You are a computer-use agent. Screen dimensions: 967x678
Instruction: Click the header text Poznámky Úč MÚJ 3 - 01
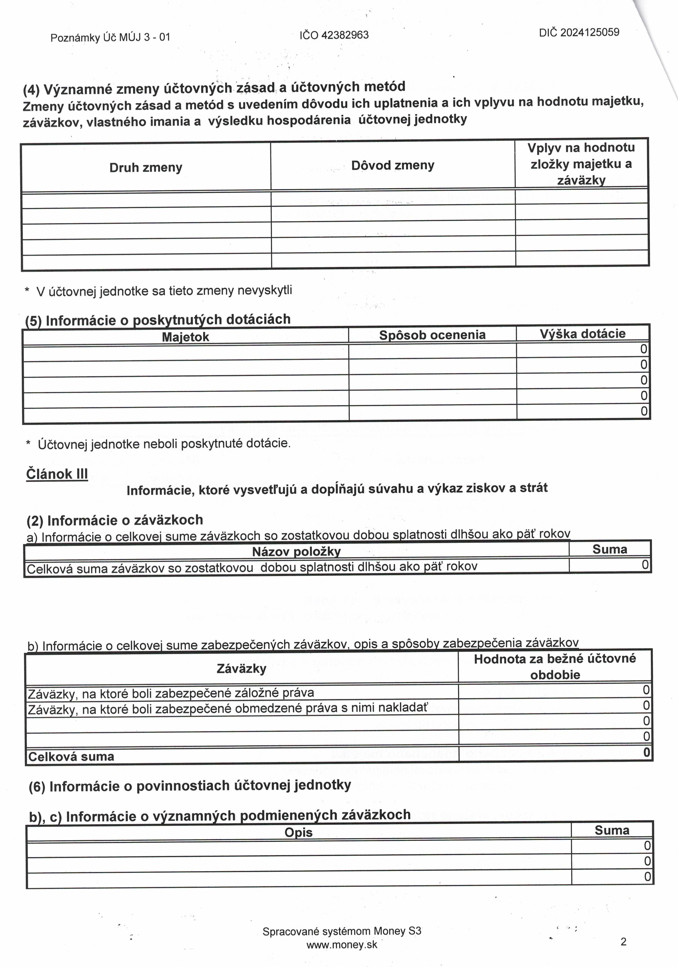point(110,37)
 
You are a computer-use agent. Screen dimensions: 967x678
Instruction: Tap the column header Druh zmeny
point(146,168)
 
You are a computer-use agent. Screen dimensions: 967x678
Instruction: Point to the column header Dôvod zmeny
point(393,165)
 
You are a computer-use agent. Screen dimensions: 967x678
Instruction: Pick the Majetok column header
point(185,337)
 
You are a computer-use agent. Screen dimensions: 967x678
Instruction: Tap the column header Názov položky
point(296,551)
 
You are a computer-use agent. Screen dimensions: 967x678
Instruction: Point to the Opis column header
point(298,832)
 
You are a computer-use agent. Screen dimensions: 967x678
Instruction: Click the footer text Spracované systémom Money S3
point(342,931)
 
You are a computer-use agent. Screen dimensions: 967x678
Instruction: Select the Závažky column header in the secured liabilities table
point(241,668)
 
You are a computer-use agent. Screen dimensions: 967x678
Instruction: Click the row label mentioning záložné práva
point(171,693)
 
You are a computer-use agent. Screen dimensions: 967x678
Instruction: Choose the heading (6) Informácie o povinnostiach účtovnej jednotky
point(190,786)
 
